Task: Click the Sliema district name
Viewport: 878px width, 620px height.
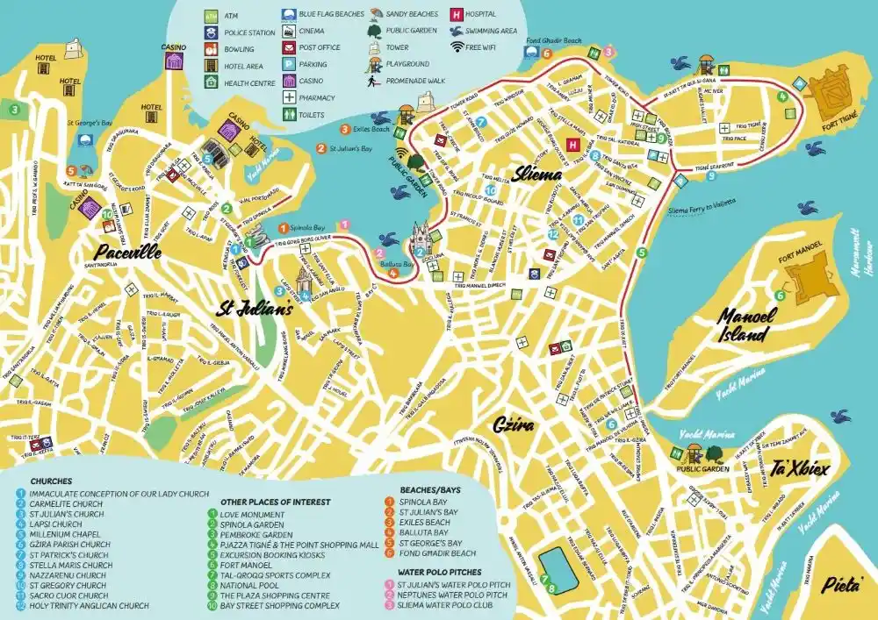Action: pos(538,174)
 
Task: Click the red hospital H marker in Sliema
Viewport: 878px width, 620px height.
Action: pos(574,145)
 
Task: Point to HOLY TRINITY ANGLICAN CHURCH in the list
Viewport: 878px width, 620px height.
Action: pos(89,605)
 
